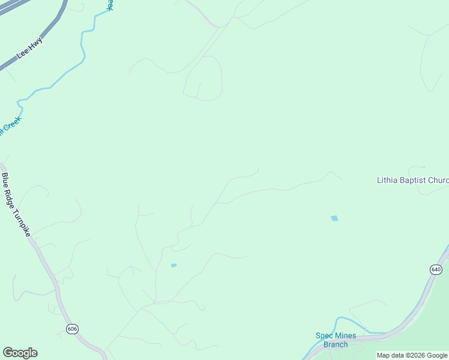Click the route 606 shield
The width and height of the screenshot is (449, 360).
point(73,329)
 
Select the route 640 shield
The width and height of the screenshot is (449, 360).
point(436,269)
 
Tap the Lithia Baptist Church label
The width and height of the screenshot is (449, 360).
point(412,180)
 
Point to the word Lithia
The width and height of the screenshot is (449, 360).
point(387,180)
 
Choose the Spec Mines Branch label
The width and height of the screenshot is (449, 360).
point(336,340)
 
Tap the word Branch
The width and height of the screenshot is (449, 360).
point(336,344)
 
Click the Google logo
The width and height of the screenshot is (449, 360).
point(20,353)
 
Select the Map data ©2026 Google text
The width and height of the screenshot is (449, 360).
point(412,355)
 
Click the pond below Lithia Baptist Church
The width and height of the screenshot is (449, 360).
point(334,218)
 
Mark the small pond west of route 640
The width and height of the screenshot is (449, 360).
point(173,265)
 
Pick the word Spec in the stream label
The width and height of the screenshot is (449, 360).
point(324,335)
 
